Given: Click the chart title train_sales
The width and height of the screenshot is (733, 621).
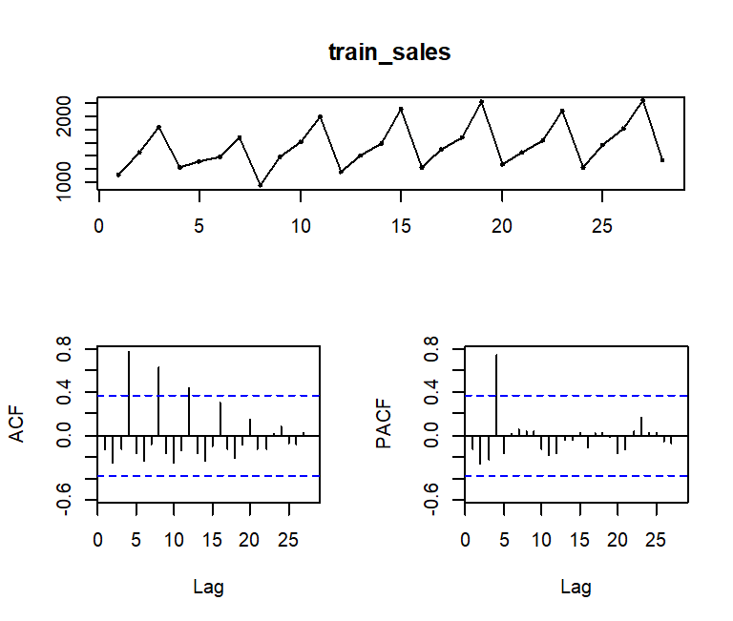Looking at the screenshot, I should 388,52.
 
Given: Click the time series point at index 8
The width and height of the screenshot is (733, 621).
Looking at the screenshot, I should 261,185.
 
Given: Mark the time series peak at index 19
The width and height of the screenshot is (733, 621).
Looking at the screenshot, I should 482,101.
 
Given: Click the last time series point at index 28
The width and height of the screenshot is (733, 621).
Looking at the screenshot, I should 662,160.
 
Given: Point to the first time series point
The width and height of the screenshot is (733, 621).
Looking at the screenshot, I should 118,175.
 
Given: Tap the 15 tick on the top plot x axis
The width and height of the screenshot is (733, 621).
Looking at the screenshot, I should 401,213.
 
